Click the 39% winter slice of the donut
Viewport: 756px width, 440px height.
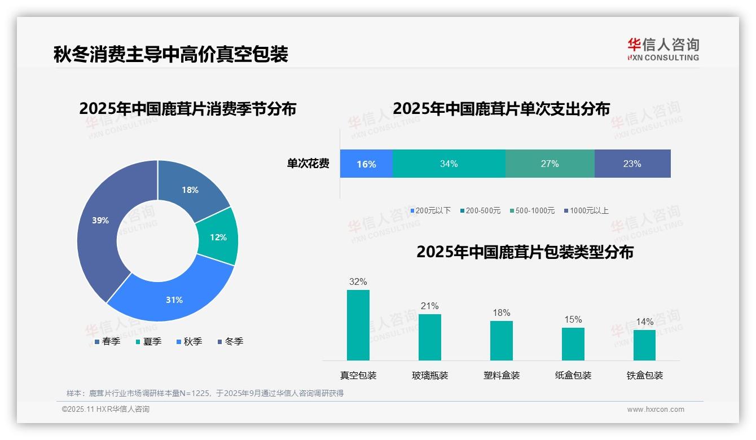[99, 226]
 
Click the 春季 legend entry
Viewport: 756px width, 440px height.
[107, 341]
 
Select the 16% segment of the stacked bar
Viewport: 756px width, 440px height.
[366, 164]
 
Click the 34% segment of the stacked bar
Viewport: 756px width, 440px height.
[449, 164]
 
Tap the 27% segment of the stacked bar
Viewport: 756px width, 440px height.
[550, 164]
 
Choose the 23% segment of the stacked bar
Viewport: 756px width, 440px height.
[632, 164]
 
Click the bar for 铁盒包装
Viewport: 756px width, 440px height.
[644, 345]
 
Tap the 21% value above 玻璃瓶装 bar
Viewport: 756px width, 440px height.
[429, 306]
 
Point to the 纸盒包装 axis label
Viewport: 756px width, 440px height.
[573, 375]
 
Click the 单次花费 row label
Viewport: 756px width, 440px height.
[308, 164]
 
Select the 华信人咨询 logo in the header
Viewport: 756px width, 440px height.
[663, 49]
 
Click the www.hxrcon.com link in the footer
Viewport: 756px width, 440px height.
[656, 410]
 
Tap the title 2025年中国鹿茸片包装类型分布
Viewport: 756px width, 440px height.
[525, 252]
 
